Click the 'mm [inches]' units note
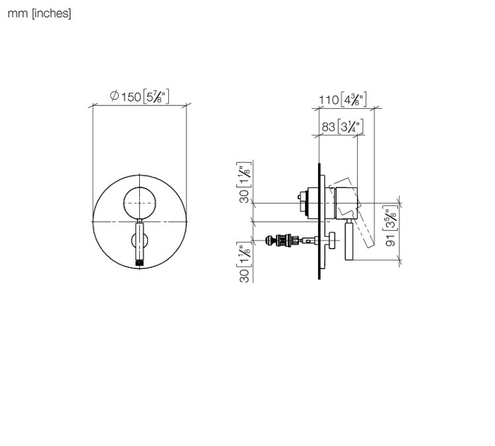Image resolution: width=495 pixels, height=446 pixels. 39,14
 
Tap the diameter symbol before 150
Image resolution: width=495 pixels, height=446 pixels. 114,96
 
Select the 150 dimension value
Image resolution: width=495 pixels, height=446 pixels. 131,97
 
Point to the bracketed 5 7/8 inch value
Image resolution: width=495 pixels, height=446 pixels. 156,96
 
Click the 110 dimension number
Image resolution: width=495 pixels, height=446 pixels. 329,100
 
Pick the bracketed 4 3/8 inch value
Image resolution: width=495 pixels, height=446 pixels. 354,100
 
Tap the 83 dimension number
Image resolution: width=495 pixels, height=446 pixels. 328,127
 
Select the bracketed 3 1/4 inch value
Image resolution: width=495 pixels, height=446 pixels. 350,127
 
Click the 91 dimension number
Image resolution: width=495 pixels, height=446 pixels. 391,240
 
